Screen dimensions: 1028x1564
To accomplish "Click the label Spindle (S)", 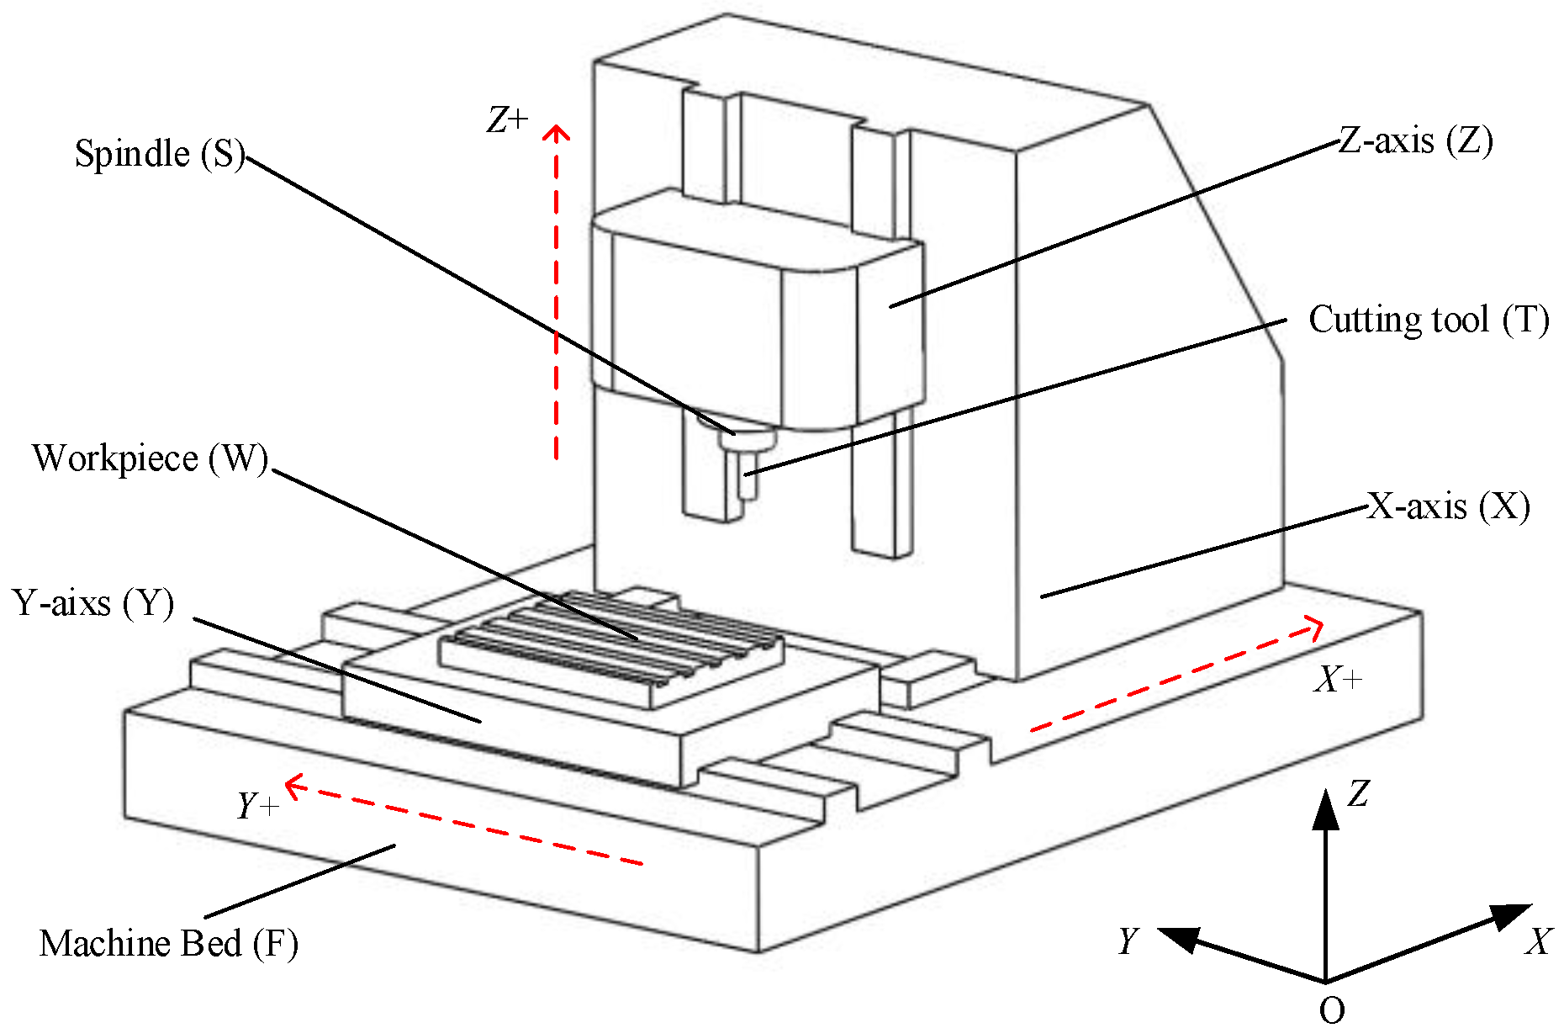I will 159,154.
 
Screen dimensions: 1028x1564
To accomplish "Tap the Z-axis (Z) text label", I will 1415,140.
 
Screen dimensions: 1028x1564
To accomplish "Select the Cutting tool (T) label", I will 1428,320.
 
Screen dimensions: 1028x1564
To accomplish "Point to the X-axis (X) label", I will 1448,506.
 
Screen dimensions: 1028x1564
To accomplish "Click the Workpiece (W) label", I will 150,458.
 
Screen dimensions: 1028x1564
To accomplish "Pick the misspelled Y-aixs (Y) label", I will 93,603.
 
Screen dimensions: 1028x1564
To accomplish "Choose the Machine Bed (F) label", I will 168,943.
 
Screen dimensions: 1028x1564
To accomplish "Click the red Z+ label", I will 507,120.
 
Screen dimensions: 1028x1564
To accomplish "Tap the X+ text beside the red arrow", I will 1338,679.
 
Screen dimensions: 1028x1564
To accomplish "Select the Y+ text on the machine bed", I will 257,806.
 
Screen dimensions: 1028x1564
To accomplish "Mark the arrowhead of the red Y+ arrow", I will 292,786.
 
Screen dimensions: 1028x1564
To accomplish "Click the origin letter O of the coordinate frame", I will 1331,1009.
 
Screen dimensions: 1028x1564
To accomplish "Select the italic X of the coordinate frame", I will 1538,941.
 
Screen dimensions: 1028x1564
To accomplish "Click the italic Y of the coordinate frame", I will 1128,941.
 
